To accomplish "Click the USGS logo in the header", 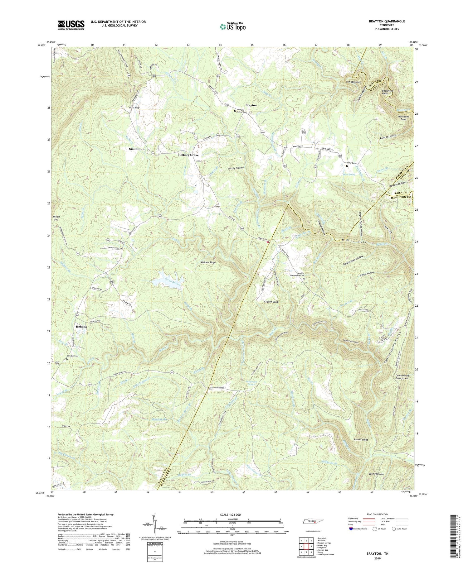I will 71,25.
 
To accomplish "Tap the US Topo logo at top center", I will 232,26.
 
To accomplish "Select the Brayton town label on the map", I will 251,105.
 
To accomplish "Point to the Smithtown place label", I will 137,149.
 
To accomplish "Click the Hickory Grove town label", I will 188,155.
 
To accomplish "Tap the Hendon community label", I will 81,327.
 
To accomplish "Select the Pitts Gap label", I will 134,107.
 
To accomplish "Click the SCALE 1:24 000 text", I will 232,515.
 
